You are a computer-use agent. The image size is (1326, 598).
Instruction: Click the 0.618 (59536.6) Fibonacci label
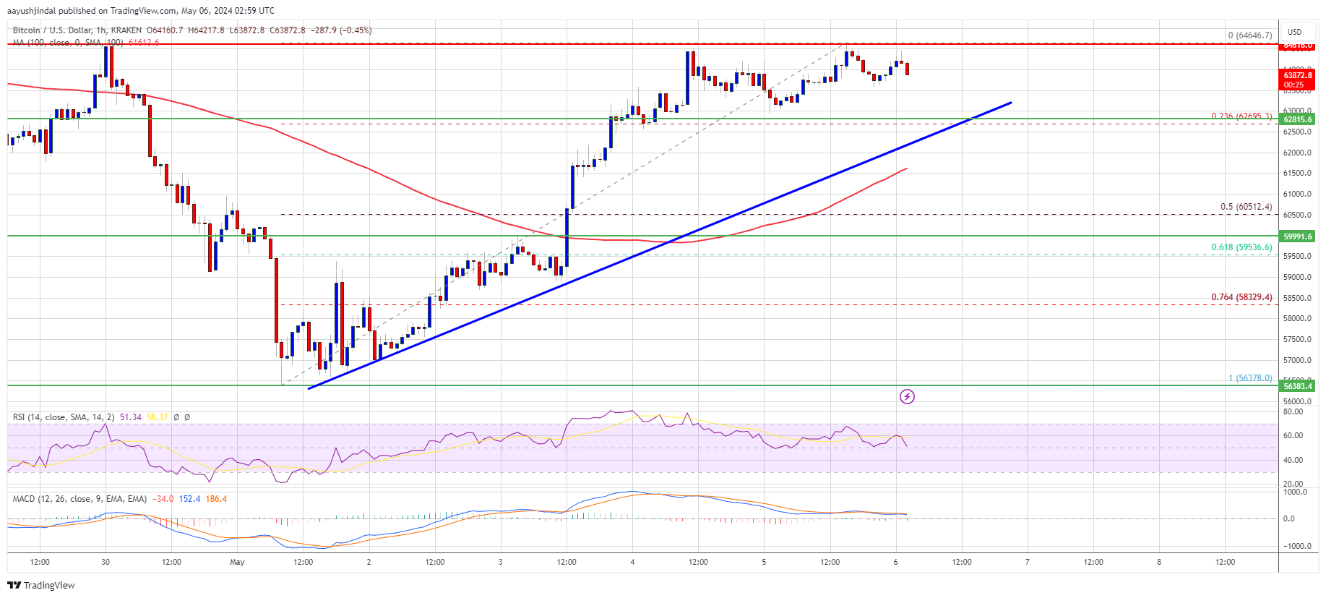tap(1241, 247)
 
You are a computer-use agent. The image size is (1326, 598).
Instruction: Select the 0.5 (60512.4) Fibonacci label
tap(1246, 207)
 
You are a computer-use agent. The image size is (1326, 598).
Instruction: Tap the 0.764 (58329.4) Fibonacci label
tap(1241, 297)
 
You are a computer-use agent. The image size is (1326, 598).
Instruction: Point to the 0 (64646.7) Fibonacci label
tap(1249, 35)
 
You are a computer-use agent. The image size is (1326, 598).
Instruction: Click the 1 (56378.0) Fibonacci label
tap(1250, 378)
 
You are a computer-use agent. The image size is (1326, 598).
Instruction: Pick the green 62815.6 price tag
tap(1298, 119)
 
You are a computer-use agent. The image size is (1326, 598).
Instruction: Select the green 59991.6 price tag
tap(1298, 236)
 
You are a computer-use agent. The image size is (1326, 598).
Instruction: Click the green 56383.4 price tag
tap(1298, 386)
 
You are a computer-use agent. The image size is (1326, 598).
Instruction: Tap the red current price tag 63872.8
tap(1298, 75)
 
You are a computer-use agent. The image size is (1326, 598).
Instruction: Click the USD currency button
tap(1294, 32)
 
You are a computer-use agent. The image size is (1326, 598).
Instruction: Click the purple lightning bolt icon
tap(907, 396)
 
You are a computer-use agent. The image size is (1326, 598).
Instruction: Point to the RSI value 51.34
tap(131, 417)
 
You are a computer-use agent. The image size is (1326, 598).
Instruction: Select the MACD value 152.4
tap(189, 499)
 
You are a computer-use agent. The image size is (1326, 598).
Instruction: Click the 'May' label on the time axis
tap(237, 562)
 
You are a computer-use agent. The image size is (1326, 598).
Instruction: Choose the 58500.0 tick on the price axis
tap(1297, 298)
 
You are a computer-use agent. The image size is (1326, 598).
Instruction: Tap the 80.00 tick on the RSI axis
tap(1293, 411)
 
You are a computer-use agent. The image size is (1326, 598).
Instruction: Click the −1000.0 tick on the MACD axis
tap(1296, 546)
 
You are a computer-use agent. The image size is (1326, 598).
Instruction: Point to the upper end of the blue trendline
tap(1010, 103)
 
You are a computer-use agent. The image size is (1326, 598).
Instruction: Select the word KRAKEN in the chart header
tap(126, 30)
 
